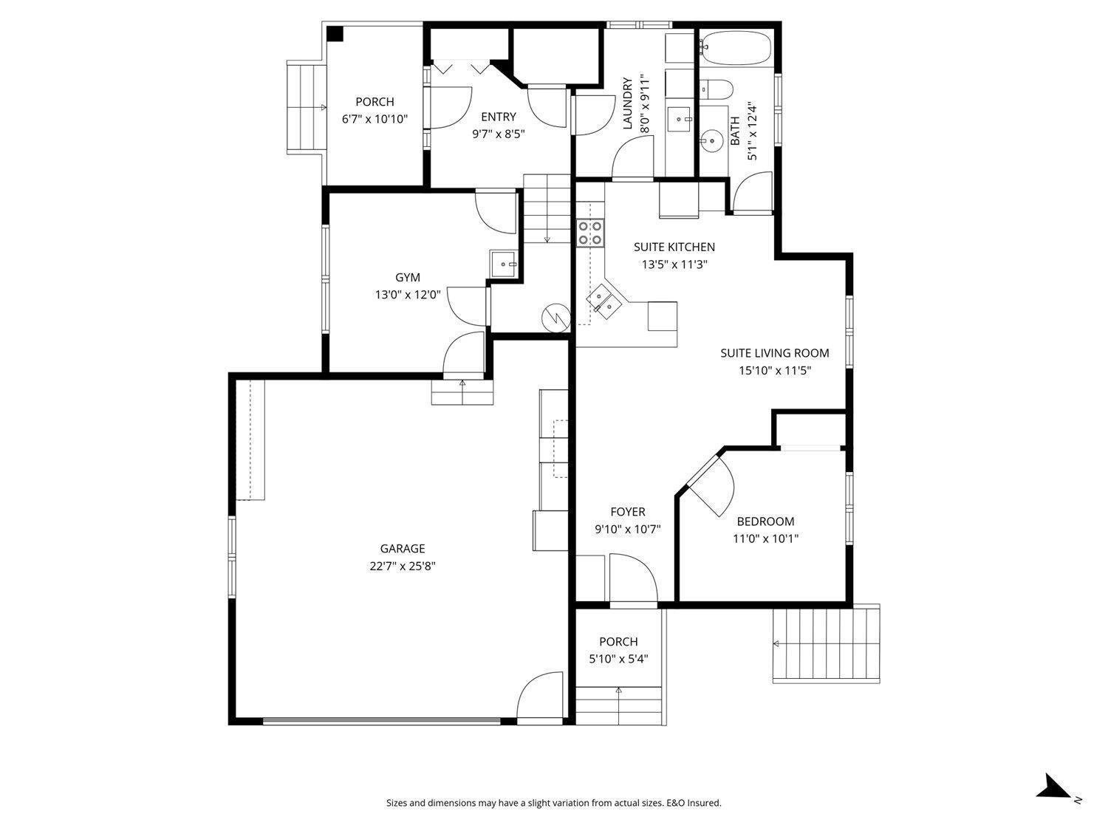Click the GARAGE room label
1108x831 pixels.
coord(403,549)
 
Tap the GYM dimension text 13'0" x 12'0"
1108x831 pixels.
coord(408,295)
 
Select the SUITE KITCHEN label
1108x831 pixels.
coord(674,247)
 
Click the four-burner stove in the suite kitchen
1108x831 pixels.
coord(591,233)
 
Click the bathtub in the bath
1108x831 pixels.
coord(735,49)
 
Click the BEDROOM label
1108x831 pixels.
coord(765,521)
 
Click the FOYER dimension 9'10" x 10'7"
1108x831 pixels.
coord(627,530)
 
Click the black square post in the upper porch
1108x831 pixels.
coord(335,34)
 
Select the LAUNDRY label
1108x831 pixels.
coord(628,103)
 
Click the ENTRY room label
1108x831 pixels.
coord(498,117)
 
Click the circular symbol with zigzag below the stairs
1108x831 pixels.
coord(555,318)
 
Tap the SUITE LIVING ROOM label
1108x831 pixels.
coord(775,353)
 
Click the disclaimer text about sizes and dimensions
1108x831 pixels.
coord(554,803)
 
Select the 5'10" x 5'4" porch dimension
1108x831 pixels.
coord(618,660)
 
